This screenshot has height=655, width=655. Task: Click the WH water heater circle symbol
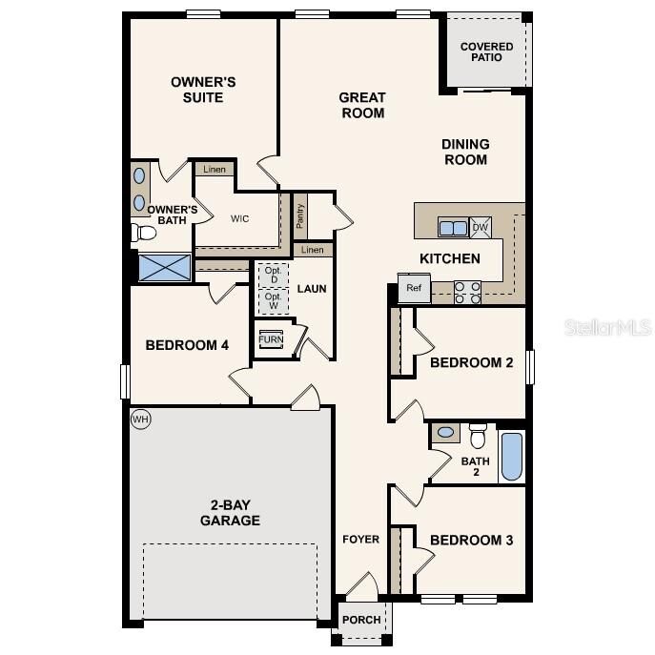pyautogui.click(x=141, y=419)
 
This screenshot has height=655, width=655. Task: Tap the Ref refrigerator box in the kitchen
pyautogui.click(x=414, y=288)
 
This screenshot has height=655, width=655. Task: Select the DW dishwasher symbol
pyautogui.click(x=480, y=227)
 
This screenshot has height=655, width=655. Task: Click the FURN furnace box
pyautogui.click(x=271, y=339)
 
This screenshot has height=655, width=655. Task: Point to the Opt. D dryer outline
pyautogui.click(x=274, y=274)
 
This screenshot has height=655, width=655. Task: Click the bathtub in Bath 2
pyautogui.click(x=511, y=457)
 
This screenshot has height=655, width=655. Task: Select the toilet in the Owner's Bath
pyautogui.click(x=145, y=233)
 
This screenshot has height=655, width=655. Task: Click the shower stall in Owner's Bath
pyautogui.click(x=165, y=267)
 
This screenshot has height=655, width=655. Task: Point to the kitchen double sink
pyautogui.click(x=453, y=227)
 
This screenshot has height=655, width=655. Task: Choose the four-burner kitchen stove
pyautogui.click(x=467, y=292)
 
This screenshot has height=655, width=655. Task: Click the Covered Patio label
pyautogui.click(x=486, y=51)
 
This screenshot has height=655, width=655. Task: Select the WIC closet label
pyautogui.click(x=239, y=218)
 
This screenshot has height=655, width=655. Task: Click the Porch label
pyautogui.click(x=361, y=620)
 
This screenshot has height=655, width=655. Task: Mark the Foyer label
pyautogui.click(x=361, y=540)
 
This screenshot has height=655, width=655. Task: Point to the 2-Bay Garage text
pyautogui.click(x=230, y=513)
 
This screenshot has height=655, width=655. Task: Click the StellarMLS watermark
pyautogui.click(x=608, y=327)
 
